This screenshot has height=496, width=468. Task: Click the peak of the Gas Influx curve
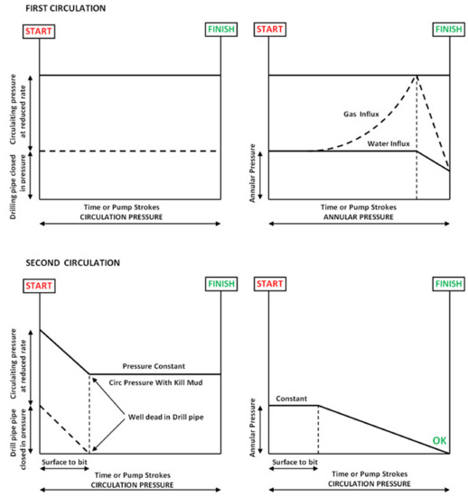click(x=417, y=76)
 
